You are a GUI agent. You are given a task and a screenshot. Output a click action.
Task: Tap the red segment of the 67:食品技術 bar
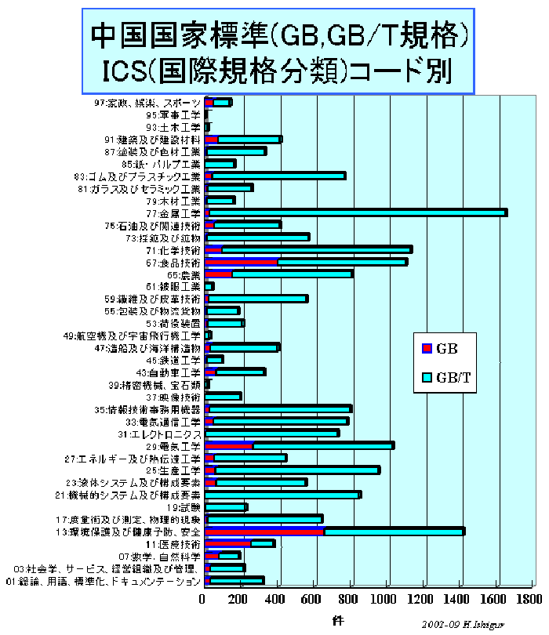click(242, 262)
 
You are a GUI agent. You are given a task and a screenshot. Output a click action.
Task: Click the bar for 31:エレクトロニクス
click(273, 433)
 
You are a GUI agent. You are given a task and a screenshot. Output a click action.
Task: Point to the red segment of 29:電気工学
click(229, 445)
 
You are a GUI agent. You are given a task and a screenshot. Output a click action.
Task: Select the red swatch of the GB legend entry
click(427, 348)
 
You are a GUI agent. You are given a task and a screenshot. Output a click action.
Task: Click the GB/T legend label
click(454, 377)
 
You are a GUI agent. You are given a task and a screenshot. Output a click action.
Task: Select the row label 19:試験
click(187, 506)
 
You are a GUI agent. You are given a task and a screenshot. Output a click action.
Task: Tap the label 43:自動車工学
click(169, 372)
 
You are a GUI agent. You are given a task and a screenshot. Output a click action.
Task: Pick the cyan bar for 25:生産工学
click(297, 470)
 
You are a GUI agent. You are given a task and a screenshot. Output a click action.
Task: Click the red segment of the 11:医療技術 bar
click(227, 543)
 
